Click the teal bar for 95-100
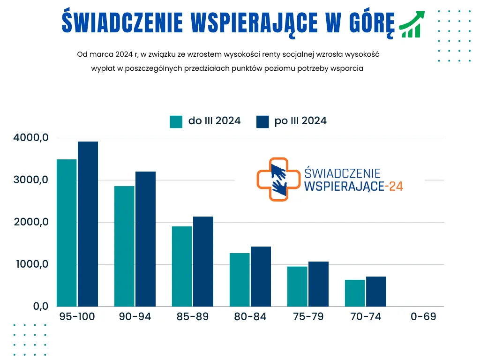pos(67,233)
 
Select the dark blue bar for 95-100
pos(88,224)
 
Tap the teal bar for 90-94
pos(124,246)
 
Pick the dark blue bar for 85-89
pos(203,262)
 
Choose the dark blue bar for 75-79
pos(318,284)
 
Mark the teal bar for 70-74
pos(355,293)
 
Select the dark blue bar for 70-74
pos(376,292)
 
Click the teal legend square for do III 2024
pos(176,121)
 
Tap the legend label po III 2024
pos(300,121)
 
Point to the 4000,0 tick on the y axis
pos(30,138)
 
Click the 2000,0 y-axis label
pos(30,222)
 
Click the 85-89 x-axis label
pos(193,317)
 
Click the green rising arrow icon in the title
pos(412,24)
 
